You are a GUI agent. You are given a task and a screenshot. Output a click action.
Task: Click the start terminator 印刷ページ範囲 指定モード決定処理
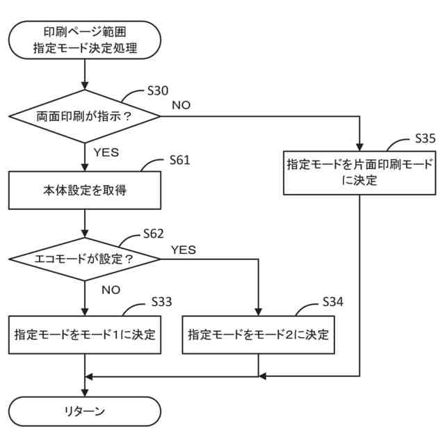pos(85,40)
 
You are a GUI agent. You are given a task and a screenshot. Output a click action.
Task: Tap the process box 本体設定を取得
pos(85,191)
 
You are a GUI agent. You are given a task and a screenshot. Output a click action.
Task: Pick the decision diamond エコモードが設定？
pos(85,259)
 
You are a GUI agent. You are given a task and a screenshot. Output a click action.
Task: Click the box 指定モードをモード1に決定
pos(85,334)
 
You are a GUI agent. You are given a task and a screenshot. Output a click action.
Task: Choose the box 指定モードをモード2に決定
pos(259,334)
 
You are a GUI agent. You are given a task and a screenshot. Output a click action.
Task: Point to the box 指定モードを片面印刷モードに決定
pos(359,172)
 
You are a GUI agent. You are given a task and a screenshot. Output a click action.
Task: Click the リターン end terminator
pos(85,411)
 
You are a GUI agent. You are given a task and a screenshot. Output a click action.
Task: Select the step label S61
pos(179,160)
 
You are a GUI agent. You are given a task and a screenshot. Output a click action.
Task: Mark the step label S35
pos(425,138)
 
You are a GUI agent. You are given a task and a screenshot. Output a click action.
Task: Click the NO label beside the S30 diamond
pos(181,105)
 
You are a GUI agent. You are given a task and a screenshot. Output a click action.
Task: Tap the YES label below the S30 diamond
pos(106,152)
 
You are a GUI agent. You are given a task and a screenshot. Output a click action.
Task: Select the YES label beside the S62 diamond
pos(184,249)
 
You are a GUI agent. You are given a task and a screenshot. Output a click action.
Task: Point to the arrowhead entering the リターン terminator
pos(85,392)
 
